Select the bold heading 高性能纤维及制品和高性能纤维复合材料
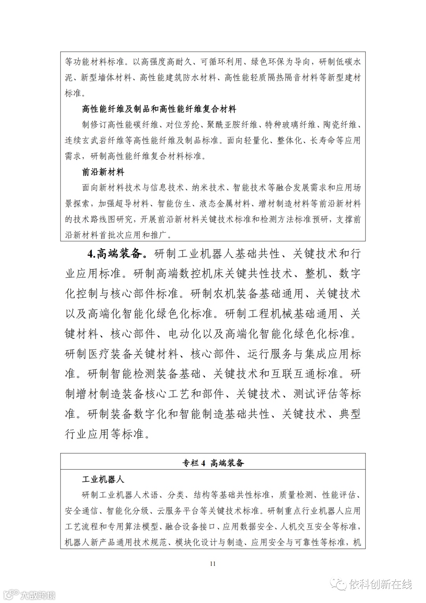pos(159,109)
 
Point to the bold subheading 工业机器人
pos(103,479)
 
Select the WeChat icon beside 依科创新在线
pos(338,584)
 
